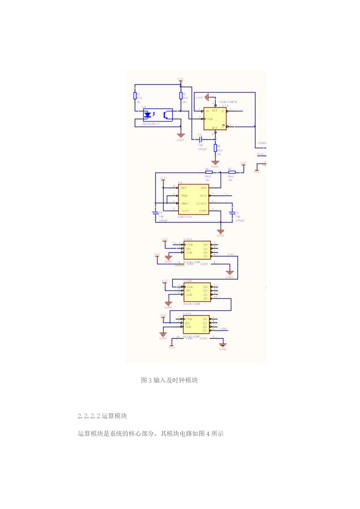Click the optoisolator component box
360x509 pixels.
(x=158, y=115)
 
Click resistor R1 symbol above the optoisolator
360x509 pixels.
(x=135, y=95)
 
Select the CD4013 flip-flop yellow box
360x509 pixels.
(x=215, y=119)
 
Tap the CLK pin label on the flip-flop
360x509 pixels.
(x=210, y=119)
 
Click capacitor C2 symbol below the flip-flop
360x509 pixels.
(x=200, y=139)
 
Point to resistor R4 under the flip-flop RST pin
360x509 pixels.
(x=215, y=148)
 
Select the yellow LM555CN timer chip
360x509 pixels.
(x=193, y=199)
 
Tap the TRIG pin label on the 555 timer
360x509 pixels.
(x=185, y=203)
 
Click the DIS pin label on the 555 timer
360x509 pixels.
(x=204, y=188)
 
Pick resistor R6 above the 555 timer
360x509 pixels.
(x=209, y=172)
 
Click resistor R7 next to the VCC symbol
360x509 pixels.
(x=232, y=172)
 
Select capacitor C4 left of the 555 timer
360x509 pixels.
(x=155, y=213)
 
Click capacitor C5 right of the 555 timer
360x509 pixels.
(x=232, y=213)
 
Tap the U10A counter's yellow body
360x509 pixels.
(x=197, y=250)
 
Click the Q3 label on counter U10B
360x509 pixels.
(x=205, y=298)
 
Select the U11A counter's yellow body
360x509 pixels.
(x=196, y=324)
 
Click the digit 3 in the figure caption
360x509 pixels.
(x=150, y=380)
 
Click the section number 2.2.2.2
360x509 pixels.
(x=88, y=416)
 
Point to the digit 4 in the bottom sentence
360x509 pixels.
(x=208, y=434)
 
